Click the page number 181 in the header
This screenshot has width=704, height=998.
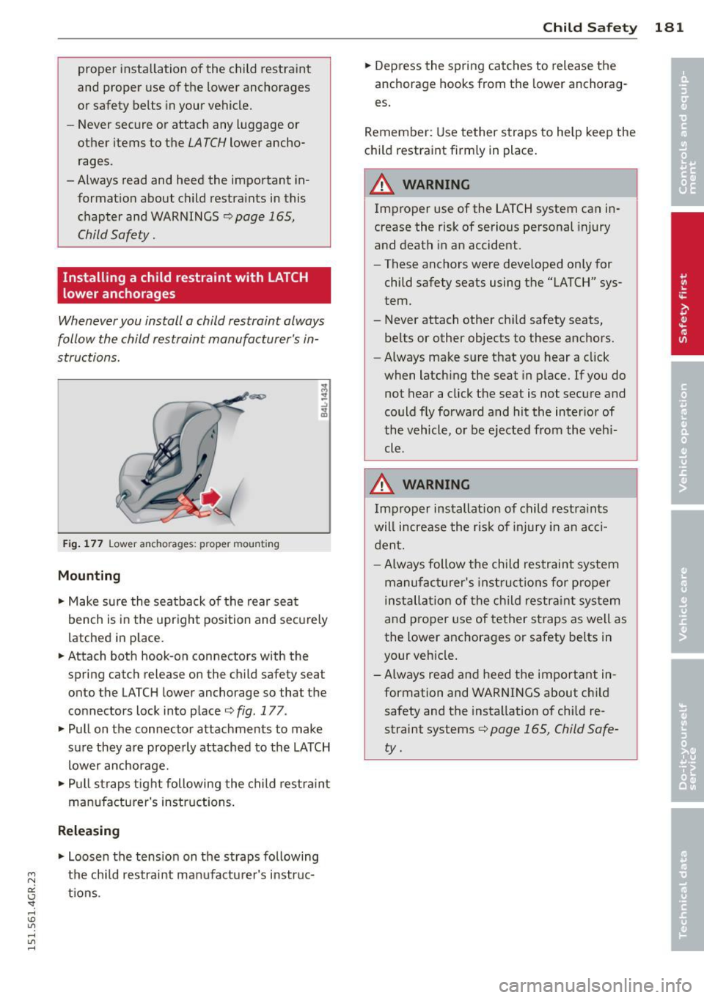(669, 28)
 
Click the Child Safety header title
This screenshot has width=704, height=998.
(590, 28)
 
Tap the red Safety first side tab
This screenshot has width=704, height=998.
(686, 285)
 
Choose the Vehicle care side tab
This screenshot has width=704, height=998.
(686, 583)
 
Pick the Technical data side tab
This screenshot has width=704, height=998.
(686, 880)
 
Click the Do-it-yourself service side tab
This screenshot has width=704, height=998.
(686, 731)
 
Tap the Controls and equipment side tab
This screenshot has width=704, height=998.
(686, 132)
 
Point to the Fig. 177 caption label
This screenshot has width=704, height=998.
(83, 544)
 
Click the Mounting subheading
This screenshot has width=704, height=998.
(89, 576)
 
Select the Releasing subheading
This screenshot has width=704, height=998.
(88, 831)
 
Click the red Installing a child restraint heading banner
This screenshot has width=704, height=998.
(194, 285)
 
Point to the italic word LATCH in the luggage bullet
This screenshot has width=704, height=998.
(206, 143)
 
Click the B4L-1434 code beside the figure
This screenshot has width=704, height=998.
(324, 400)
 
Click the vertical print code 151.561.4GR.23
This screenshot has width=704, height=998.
(32, 910)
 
